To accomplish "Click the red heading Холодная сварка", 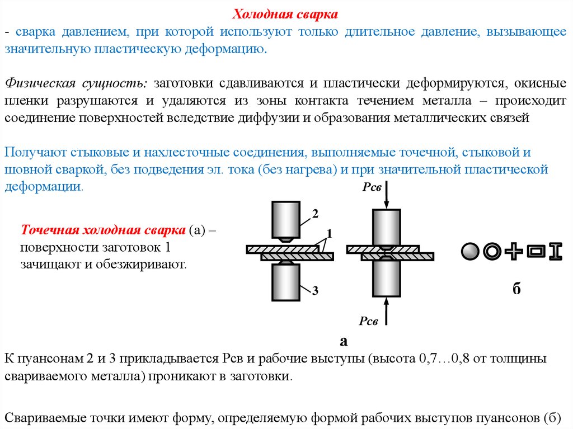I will pos(285,13).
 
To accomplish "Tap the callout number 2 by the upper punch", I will pos(315,214).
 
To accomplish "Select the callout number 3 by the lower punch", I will pos(315,290).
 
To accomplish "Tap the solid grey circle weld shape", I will pos(471,252).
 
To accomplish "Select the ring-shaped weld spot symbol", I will pos(492,252).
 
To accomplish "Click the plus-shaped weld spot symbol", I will pos(513,252).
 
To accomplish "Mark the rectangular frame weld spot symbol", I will pos(534,252).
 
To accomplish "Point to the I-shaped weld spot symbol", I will pos(555,252).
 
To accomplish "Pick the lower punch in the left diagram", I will pos(285,282).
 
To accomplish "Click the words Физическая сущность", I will pos(76,84).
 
